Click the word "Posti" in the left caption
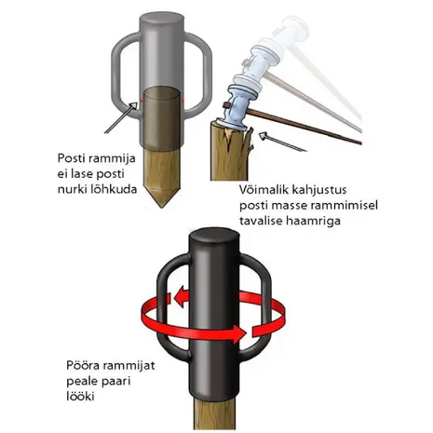point(71,158)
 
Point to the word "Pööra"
point(83,365)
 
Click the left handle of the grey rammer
point(119,74)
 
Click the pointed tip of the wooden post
point(161,207)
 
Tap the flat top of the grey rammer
point(162,20)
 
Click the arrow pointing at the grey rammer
point(121,117)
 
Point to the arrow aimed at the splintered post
point(282,142)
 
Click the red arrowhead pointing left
point(180,297)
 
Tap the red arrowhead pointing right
point(239,334)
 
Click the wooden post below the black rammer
point(214,413)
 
